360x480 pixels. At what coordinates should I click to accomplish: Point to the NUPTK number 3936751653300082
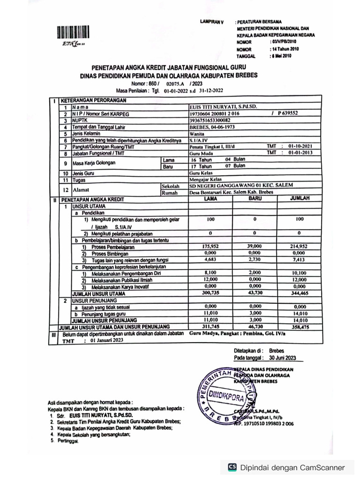210,120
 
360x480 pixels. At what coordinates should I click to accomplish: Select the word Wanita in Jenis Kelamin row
197,134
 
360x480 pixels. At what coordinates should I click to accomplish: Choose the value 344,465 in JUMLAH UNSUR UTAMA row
299,293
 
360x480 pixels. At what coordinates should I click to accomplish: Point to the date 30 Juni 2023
283,358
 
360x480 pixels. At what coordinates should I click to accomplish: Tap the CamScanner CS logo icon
232,467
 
